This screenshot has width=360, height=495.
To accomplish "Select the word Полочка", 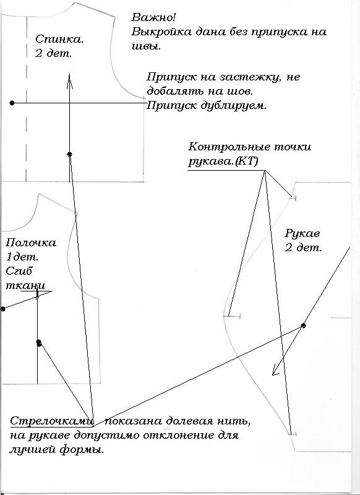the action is [x=30, y=243].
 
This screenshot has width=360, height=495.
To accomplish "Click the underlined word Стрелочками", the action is [x=52, y=421].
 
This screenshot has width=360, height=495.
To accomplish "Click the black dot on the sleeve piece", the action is [x=303, y=325].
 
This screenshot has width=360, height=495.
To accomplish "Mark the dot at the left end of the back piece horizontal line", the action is [x=12, y=103].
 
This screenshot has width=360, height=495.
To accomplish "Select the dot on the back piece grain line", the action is [x=70, y=153].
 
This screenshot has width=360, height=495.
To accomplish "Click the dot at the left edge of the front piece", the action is [x=3, y=308].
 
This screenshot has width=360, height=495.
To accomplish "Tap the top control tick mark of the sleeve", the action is [x=293, y=198].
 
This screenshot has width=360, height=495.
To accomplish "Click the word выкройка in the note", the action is [x=161, y=32].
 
